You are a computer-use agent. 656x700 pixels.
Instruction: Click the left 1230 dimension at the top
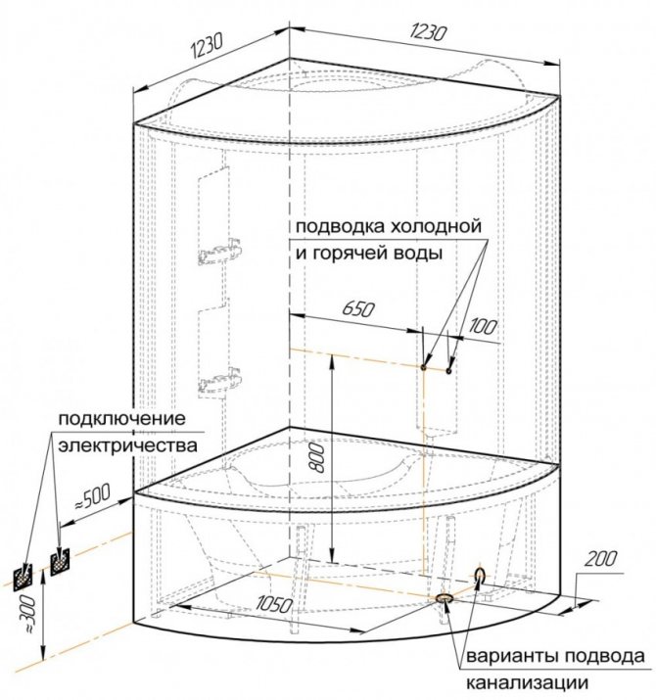(x=207, y=46)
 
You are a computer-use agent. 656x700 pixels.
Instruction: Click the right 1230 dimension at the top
(x=428, y=32)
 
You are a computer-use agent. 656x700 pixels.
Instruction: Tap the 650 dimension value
(x=358, y=309)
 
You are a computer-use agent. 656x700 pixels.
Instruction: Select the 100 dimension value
(x=483, y=327)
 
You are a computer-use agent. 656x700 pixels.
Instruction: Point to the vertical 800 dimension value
(x=316, y=457)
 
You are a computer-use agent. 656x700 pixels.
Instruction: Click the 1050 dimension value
(x=274, y=605)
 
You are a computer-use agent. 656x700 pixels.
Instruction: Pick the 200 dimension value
(x=601, y=558)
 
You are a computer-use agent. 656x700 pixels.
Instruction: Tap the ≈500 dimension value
(x=91, y=496)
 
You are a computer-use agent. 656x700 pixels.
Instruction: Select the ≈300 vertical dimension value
(x=28, y=616)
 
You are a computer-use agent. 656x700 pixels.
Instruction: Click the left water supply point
(x=423, y=367)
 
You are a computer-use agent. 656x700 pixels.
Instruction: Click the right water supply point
(x=448, y=370)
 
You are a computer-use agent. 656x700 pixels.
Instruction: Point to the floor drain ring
(x=445, y=598)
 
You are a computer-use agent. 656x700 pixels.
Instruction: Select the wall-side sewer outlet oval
(x=480, y=575)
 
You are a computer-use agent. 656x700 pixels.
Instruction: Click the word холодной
(x=437, y=226)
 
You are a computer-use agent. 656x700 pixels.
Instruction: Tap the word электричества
(x=127, y=445)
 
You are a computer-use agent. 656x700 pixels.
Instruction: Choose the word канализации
(x=528, y=682)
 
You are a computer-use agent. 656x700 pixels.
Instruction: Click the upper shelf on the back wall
(x=220, y=254)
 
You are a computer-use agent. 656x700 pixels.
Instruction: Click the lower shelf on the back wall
(x=220, y=381)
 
